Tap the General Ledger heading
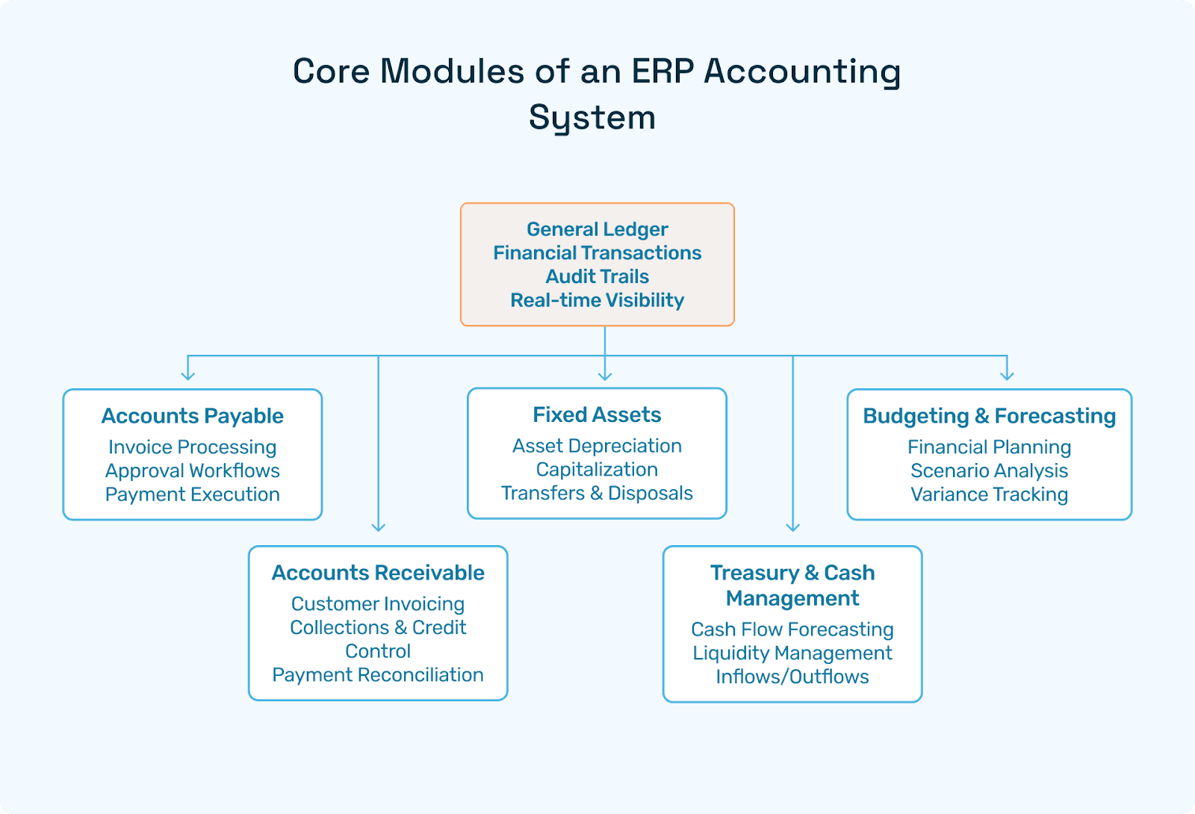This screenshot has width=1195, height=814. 597,229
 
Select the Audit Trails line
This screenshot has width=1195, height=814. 597,276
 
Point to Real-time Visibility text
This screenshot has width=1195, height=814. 597,300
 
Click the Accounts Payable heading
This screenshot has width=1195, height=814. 193,416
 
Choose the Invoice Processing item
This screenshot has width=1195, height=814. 193,447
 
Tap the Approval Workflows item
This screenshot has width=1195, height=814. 193,471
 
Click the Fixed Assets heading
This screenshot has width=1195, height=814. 597,415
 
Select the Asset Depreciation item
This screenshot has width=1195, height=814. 597,446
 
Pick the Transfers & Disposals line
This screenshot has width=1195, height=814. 597,494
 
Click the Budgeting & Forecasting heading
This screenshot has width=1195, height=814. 990,416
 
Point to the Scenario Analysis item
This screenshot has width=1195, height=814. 990,471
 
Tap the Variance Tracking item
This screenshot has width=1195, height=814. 990,494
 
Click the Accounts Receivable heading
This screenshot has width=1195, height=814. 378,573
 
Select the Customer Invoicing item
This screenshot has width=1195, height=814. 378,604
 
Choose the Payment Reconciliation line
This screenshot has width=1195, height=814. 378,675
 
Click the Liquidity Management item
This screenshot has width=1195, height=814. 792,653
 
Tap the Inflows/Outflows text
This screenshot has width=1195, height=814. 792,677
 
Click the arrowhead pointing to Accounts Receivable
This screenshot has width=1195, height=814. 379,526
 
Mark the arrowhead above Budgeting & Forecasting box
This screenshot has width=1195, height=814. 1007,376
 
